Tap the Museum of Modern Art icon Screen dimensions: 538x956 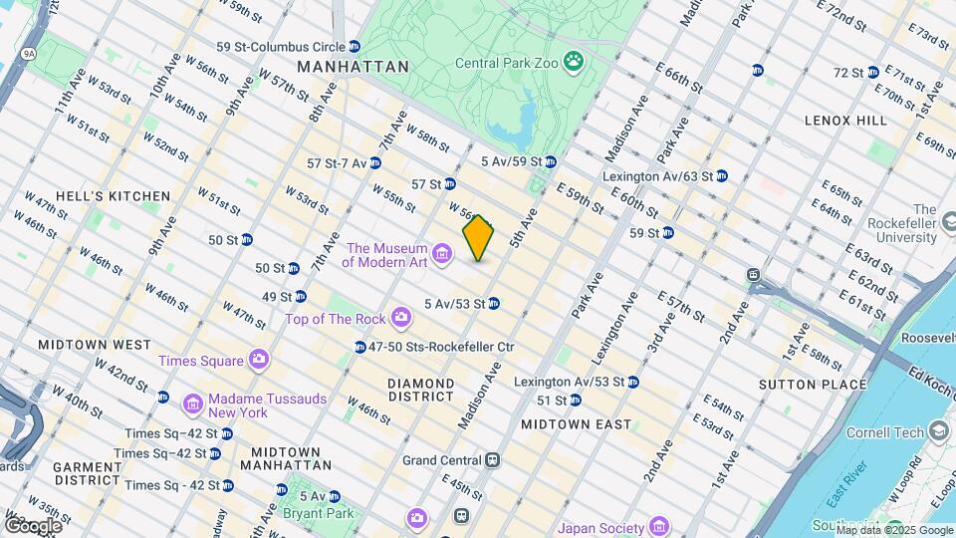[x=443, y=248]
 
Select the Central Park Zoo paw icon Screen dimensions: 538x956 [x=574, y=63]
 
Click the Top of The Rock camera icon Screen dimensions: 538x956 [x=401, y=318]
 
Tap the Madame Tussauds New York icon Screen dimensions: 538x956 [x=193, y=403]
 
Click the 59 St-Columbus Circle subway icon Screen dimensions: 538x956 [x=355, y=47]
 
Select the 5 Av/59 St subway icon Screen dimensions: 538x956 [x=550, y=161]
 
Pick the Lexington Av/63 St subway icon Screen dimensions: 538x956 [x=722, y=176]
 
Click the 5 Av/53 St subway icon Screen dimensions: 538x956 [x=494, y=304]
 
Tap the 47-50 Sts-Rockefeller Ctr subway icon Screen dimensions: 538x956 [x=360, y=347]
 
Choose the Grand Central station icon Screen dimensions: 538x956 [x=492, y=460]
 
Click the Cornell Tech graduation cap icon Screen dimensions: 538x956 [x=938, y=431]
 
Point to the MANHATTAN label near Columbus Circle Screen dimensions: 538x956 [x=353, y=67]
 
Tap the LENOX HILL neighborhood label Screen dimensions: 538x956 [x=845, y=121]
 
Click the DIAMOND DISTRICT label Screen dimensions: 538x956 [x=420, y=390]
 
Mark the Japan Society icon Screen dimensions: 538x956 [x=658, y=526]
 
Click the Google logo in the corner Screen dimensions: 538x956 [x=33, y=525]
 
